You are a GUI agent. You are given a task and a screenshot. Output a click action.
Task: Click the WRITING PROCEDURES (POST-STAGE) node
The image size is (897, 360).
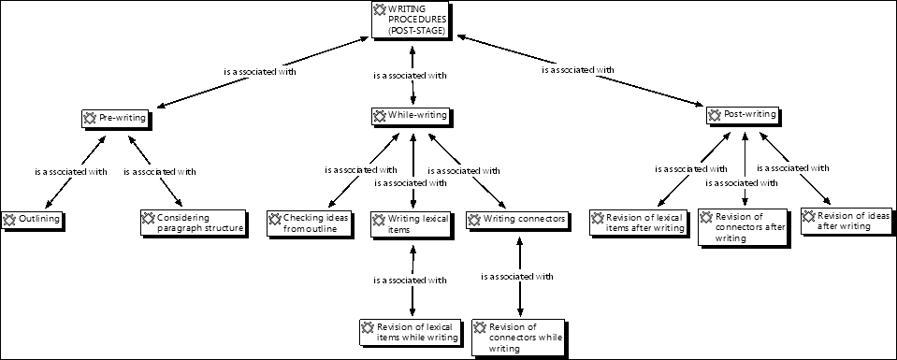pos(411,19)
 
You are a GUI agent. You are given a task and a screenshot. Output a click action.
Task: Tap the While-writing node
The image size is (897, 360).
pos(411,116)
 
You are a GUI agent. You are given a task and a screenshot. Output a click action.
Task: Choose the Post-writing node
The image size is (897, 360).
pos(744,114)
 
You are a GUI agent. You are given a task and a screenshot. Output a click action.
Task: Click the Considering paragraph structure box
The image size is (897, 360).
pos(194,223)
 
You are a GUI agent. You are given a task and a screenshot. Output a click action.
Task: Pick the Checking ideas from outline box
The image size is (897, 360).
pos(310,223)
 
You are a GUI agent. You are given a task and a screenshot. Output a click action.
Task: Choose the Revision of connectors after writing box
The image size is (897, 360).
pos(743,227)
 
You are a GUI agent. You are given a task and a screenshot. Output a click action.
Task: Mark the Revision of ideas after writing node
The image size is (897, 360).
pos(846,221)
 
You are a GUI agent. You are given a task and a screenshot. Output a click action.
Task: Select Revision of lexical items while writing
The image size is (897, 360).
pos(411,332)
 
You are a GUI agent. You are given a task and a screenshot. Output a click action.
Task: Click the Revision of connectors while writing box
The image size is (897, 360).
pos(519,337)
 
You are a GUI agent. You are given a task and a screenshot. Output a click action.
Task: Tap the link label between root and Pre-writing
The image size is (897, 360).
pos(260,71)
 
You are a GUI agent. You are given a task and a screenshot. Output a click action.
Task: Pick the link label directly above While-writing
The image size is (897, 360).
pos(410,74)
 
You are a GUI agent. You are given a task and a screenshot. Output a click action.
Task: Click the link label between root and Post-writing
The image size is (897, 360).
pos(577,69)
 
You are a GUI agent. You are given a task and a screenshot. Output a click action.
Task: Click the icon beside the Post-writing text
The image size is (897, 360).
pos(716,114)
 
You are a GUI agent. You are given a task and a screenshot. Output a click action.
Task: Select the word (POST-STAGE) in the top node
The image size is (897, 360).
pos(411,31)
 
